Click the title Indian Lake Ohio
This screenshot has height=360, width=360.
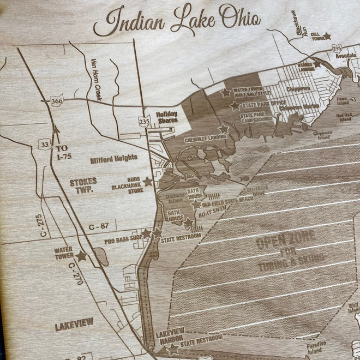click(x=176, y=22)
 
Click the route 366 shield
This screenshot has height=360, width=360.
click(x=55, y=101)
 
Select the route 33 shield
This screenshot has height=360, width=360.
click(x=44, y=143)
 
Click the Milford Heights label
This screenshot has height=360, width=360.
click(x=113, y=159)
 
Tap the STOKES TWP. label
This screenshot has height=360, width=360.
click(x=83, y=186)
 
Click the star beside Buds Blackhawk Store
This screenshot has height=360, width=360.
click(x=147, y=181)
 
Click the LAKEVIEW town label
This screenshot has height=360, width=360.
click(x=74, y=326)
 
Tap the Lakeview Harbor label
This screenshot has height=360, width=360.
click(x=170, y=334)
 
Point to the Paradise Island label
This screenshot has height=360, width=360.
click(x=316, y=346)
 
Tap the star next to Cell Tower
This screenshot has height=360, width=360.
click(x=327, y=37)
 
